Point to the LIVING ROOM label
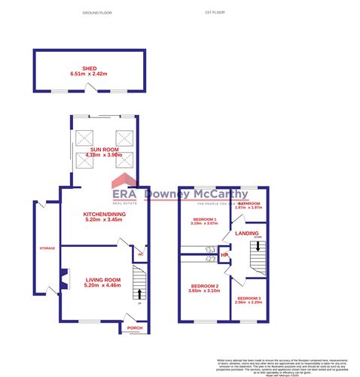[102, 279]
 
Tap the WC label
[139, 254]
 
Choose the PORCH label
[135, 328]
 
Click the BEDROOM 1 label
[203, 219]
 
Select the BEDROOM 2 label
[205, 286]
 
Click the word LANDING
[246, 233]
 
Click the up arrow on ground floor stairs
[138, 291]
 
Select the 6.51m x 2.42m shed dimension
[89, 74]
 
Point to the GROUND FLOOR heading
[96, 13]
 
